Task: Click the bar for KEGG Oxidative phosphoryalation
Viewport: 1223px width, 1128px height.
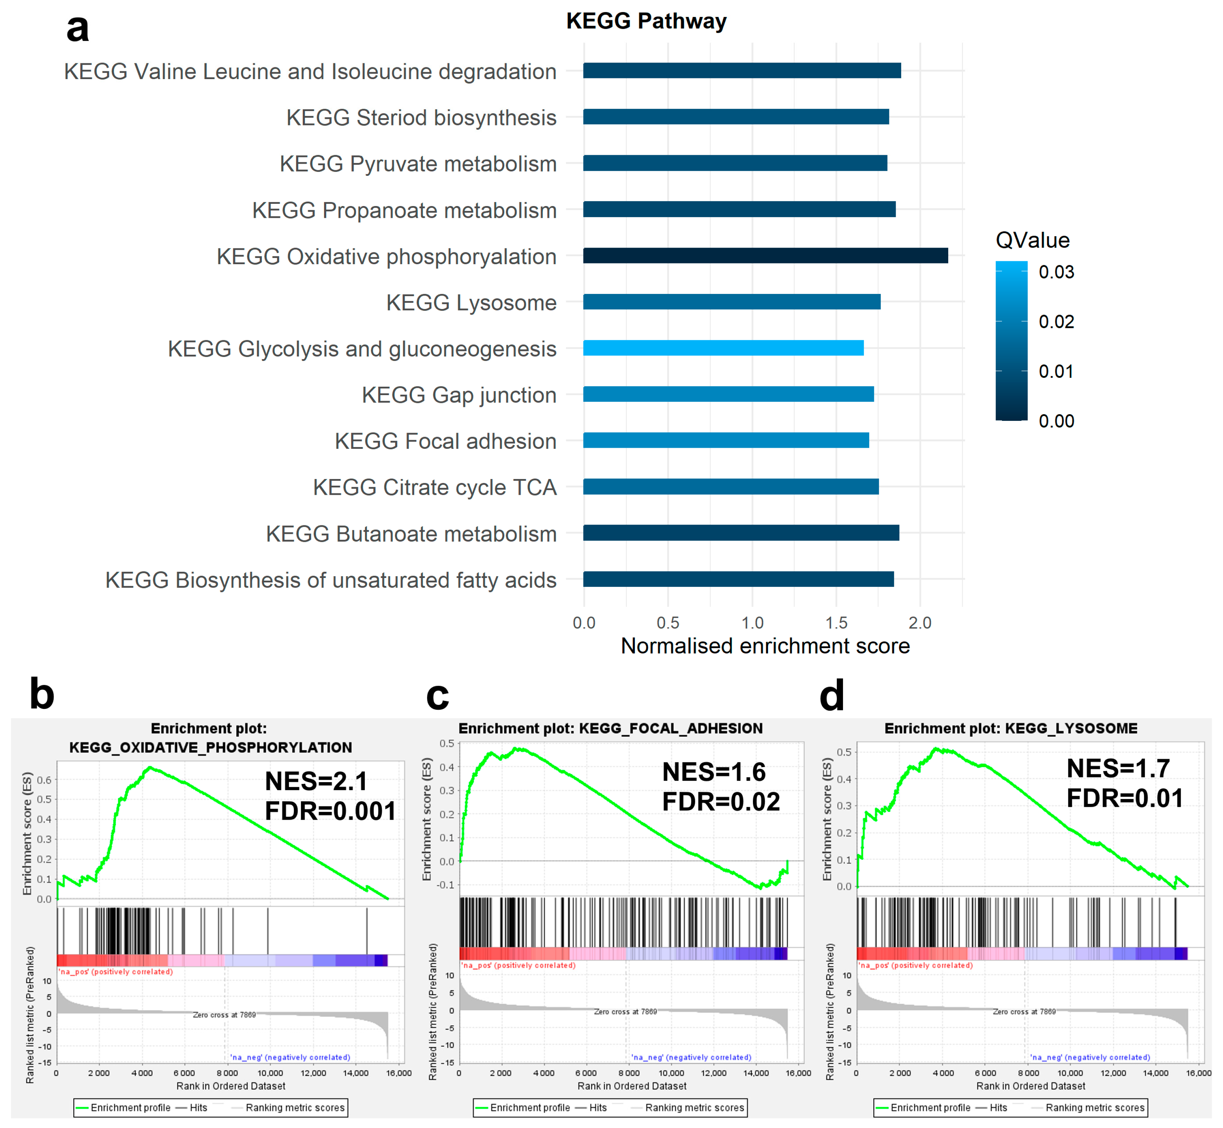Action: coord(765,256)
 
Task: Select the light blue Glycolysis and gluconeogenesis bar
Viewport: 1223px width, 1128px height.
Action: coord(723,348)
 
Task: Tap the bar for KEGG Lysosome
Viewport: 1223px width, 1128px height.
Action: coord(731,302)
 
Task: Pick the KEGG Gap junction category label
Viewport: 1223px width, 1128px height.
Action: coord(459,395)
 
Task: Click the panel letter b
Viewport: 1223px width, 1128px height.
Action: coord(42,695)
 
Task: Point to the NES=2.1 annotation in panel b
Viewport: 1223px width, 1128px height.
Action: coord(316,781)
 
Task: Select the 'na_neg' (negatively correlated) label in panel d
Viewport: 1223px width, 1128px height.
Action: coord(1090,1057)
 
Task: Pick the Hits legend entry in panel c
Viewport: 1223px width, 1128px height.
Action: coord(597,1108)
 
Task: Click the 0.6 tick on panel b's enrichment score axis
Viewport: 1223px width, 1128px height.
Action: coord(44,780)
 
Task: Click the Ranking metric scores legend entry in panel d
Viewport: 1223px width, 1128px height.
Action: coord(1095,1108)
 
